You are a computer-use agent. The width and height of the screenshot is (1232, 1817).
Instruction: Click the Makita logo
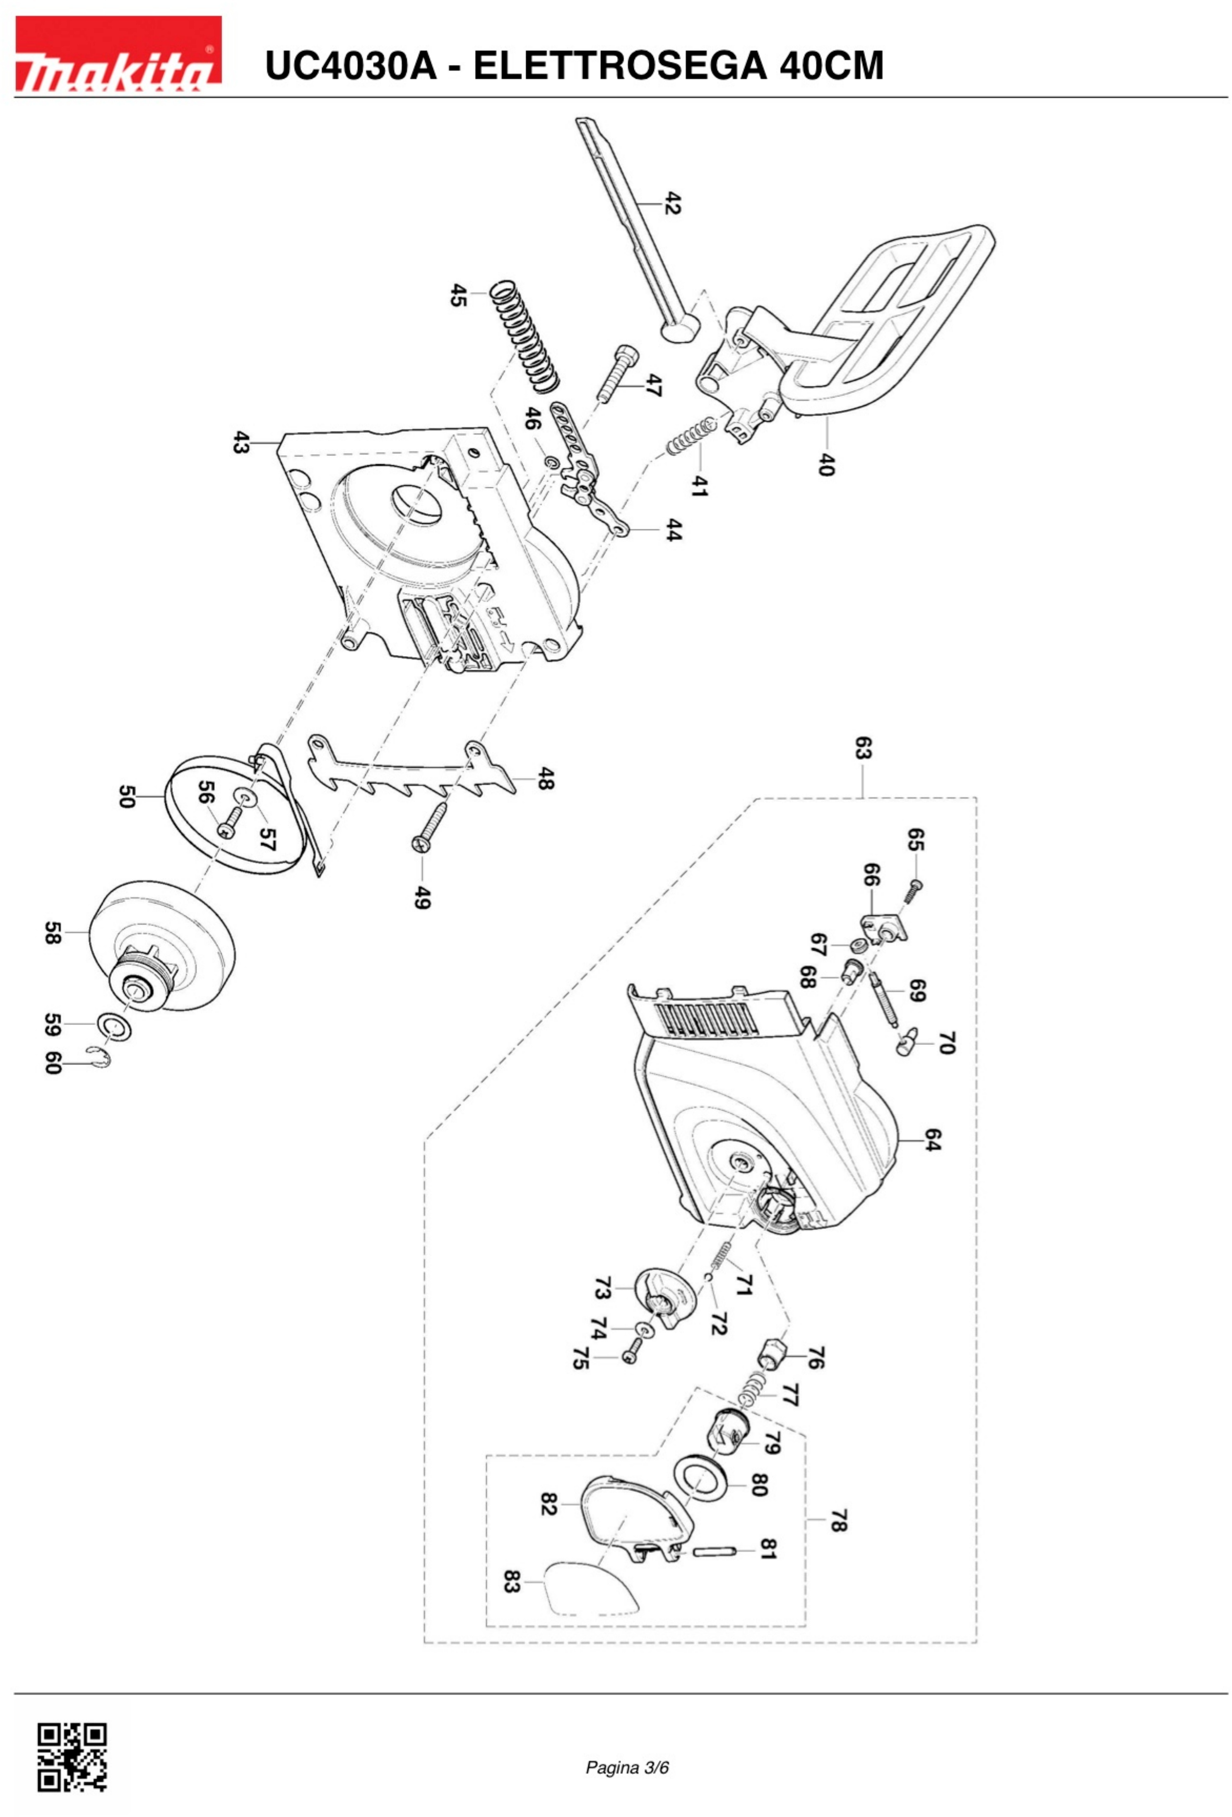pos(118,54)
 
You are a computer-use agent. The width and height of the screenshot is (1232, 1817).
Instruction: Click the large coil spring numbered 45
pos(525,336)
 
